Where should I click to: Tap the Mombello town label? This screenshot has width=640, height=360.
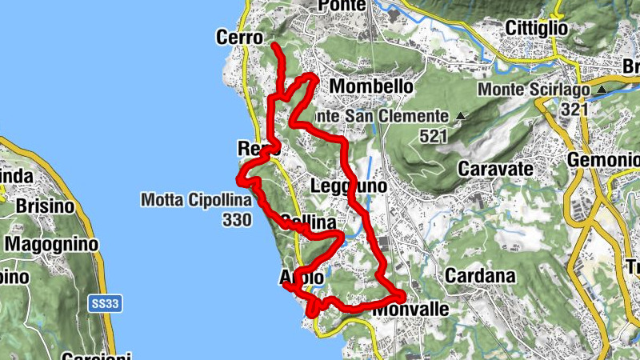click(x=371, y=86)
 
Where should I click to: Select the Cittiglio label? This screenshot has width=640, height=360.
click(x=536, y=28)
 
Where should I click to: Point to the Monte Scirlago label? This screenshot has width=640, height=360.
click(x=535, y=90)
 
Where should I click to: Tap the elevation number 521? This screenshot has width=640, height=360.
click(x=432, y=137)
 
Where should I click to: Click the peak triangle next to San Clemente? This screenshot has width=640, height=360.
click(x=460, y=118)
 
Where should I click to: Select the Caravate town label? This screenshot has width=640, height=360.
click(x=495, y=170)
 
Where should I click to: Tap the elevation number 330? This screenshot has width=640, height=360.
click(x=239, y=218)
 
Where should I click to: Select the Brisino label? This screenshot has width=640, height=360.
click(x=45, y=206)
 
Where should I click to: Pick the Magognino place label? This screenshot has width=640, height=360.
click(x=49, y=243)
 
